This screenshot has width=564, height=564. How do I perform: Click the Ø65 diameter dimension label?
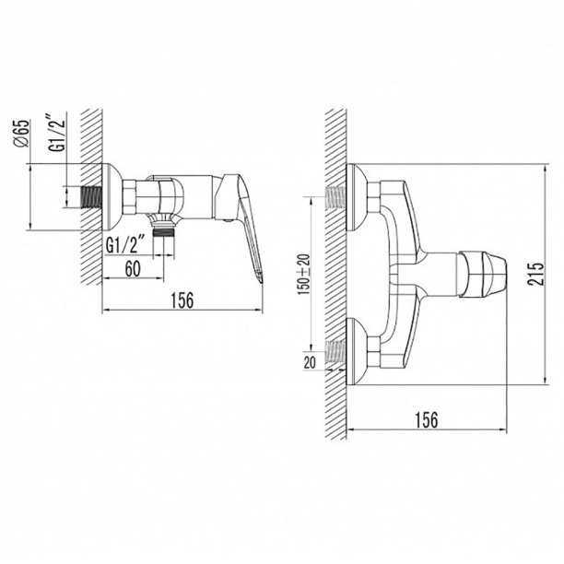(21, 133)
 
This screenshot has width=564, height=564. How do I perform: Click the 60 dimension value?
(133, 268)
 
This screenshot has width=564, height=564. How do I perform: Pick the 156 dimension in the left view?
(182, 300)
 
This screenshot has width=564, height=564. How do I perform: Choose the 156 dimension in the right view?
(427, 419)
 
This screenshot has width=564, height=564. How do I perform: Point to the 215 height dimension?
(535, 274)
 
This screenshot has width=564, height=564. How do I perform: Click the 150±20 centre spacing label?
(303, 274)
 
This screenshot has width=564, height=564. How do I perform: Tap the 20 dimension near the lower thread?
(310, 362)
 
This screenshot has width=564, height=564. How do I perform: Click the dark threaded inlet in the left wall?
(90, 196)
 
